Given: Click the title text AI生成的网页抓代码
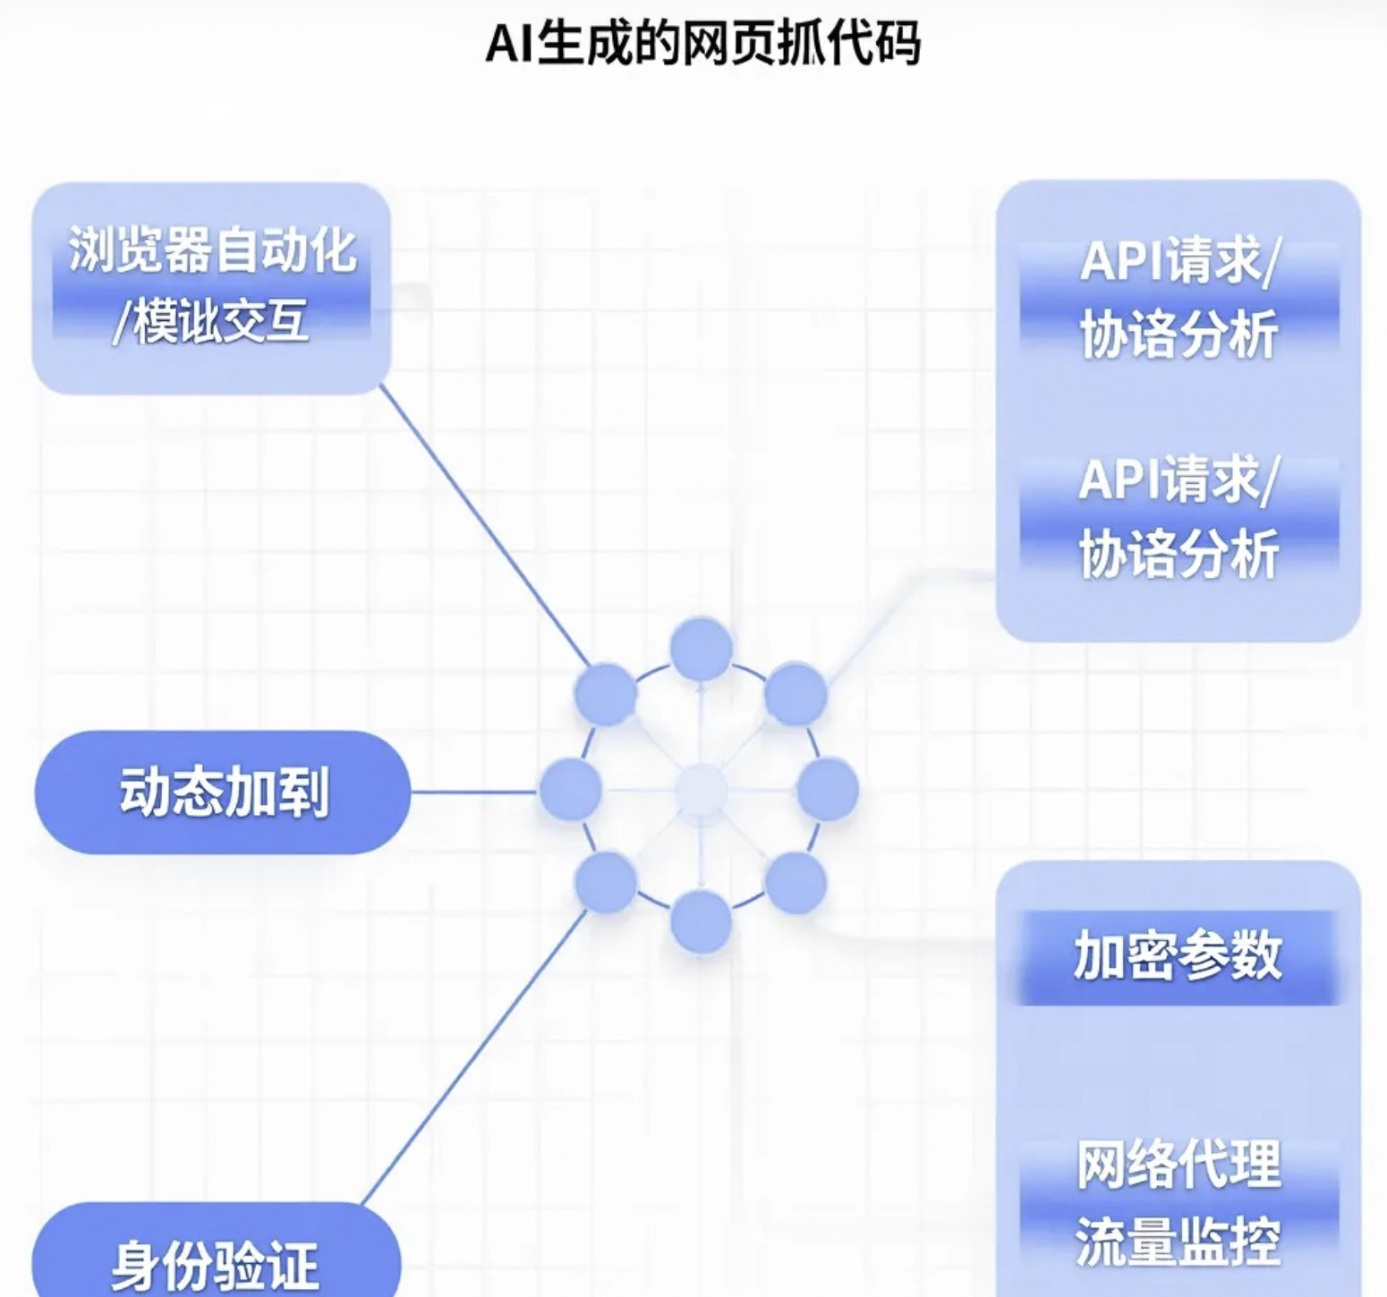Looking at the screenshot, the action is tap(702, 43).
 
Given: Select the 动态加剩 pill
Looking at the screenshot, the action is tap(223, 792).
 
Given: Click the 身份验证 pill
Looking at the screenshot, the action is tap(216, 1261).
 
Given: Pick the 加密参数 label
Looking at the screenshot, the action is tap(1178, 956).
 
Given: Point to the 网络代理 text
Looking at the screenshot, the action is tap(1178, 1165).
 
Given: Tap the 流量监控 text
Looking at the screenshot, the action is tap(1178, 1242).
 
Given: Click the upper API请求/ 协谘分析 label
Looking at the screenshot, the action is tap(1179, 298).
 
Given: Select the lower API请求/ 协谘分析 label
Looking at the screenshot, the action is tap(1179, 517).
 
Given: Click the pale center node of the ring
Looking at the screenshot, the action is tap(701, 790).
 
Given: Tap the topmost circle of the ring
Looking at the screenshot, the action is tap(701, 648).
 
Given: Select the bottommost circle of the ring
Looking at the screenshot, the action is tap(701, 921).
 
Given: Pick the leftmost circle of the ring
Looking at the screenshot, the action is tap(570, 789).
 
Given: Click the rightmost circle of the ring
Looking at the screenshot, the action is tap(827, 789).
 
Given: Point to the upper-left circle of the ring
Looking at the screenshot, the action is tap(606, 695).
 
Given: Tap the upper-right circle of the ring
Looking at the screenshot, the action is tap(796, 694).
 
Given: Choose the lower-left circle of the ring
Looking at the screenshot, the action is tap(607, 882).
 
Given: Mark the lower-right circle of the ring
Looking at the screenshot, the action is tap(796, 882).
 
